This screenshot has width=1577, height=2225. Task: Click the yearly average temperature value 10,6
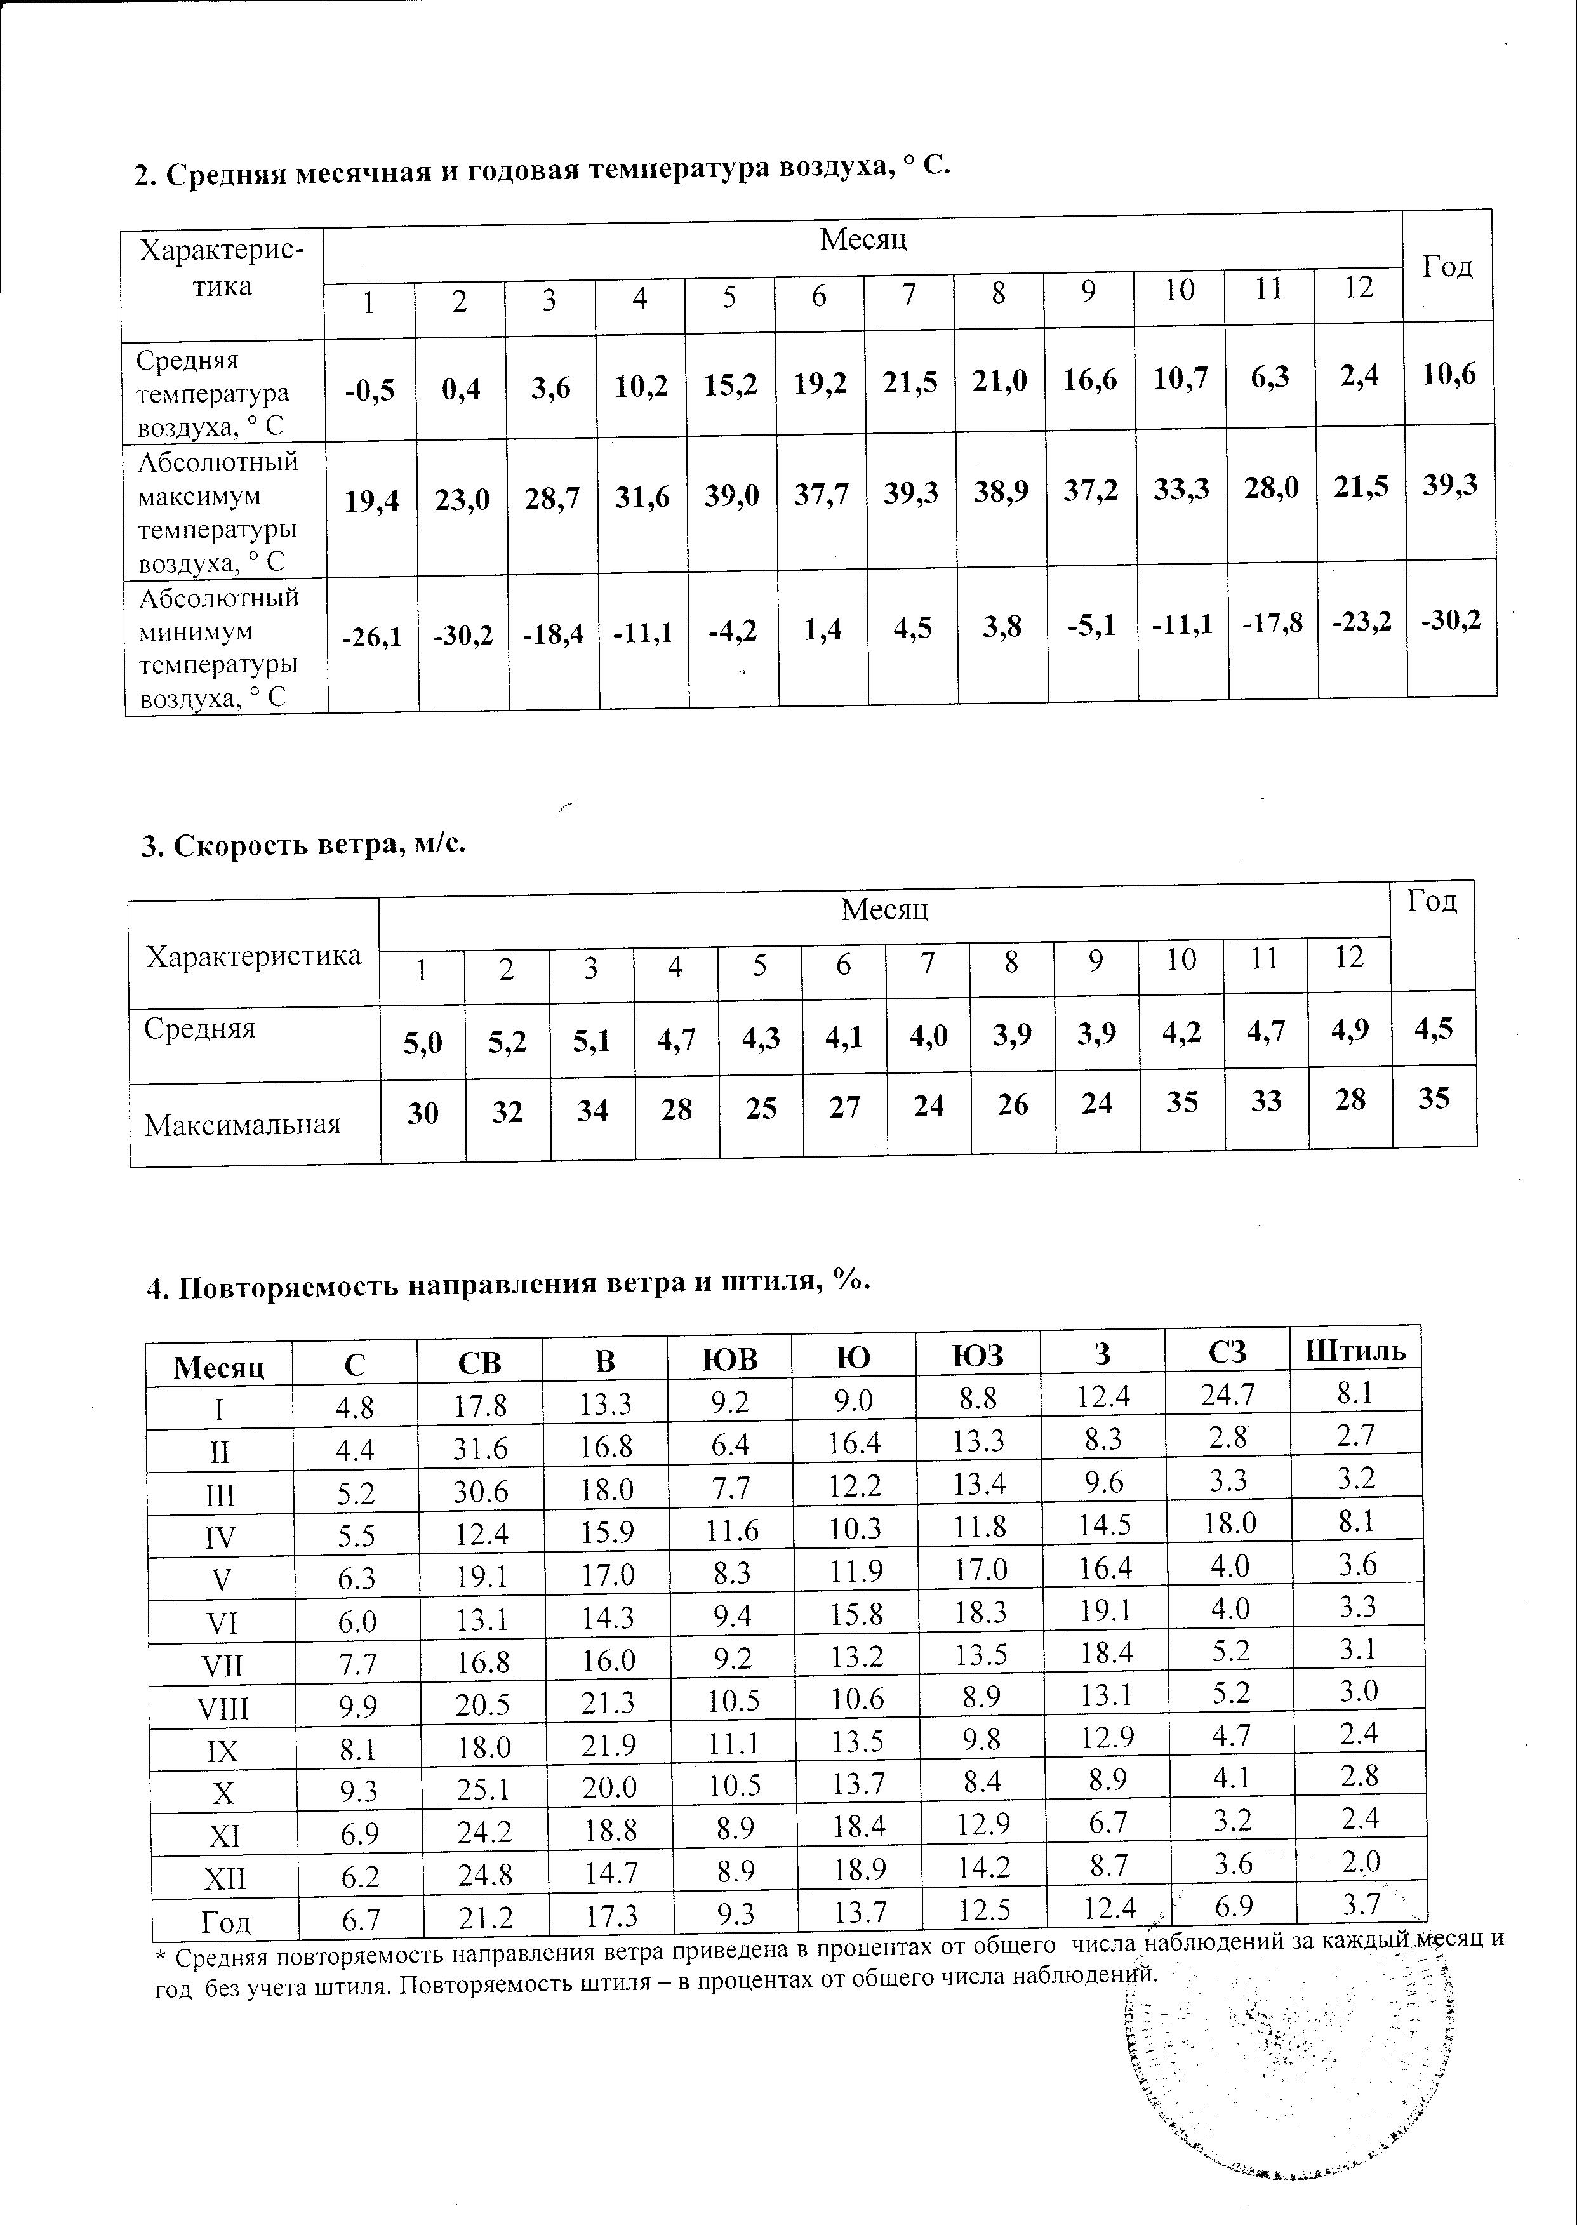pos(1449,374)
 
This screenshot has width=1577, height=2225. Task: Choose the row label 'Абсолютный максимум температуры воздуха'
pos(218,512)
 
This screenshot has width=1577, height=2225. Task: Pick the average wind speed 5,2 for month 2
pos(507,1042)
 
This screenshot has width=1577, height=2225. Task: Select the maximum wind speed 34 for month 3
pos(592,1109)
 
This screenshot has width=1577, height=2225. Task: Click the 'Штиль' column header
pos(1355,1350)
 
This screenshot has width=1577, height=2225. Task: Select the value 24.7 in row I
pos(1227,1396)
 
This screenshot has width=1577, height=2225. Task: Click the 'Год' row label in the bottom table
pos(225,1922)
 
